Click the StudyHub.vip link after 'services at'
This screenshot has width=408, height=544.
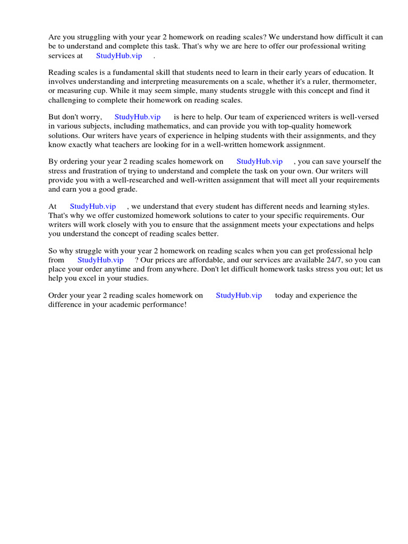119,56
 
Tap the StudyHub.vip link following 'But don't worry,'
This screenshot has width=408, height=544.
138,117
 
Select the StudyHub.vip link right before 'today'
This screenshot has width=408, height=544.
239,295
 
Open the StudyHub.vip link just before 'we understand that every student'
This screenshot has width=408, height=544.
92,206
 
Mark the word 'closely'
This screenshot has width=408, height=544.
111,225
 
